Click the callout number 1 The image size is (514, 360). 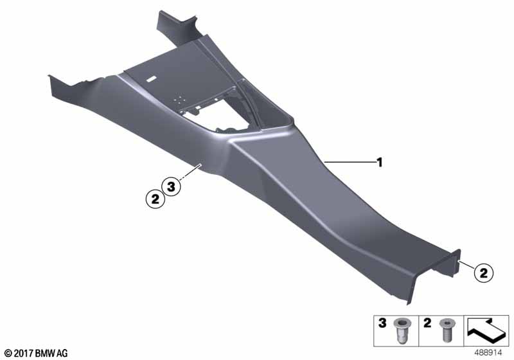pos(380,162)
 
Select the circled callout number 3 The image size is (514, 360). pos(172,187)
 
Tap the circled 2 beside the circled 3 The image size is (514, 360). pos(155,199)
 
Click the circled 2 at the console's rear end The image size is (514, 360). pos(484,273)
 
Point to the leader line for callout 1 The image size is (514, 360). pos(349,162)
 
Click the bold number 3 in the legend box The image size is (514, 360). pos(382,323)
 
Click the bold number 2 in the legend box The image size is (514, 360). pos(427,323)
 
